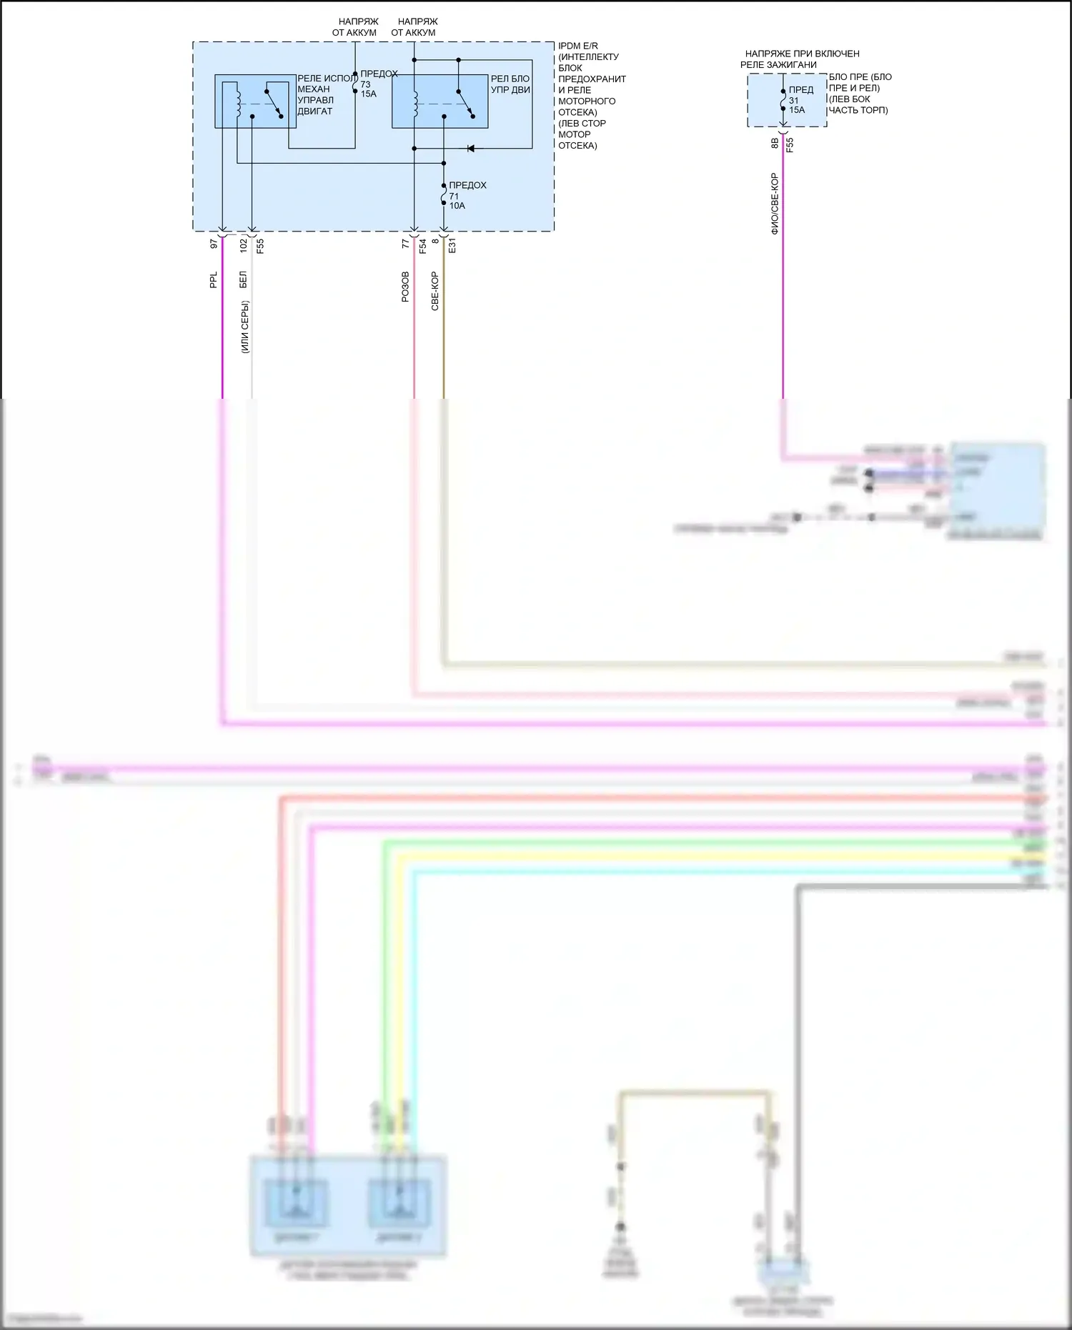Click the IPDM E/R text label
578,46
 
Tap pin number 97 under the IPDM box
214,244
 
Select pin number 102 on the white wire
244,245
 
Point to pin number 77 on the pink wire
406,244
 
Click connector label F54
423,246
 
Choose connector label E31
452,246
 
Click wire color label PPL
214,280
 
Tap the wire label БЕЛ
244,279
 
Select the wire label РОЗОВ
406,287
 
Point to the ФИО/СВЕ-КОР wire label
775,204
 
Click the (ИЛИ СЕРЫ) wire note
244,327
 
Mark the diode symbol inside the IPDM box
471,149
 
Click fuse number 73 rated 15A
366,84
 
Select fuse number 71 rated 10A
455,196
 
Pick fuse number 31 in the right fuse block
794,101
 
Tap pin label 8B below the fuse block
775,144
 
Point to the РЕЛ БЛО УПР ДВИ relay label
510,84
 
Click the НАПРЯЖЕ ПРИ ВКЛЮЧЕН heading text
802,54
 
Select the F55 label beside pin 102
260,246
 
